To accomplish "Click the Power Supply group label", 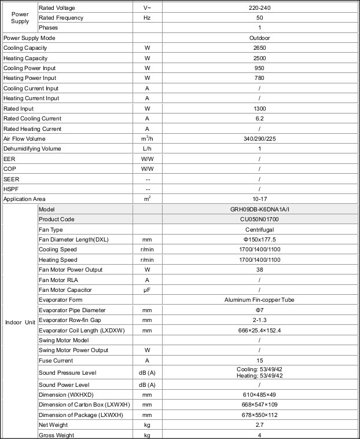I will coord(20,17).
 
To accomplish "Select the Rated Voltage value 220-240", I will coord(259,8).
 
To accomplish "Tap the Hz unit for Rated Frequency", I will coord(148,18).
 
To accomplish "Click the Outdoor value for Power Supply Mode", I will coord(259,38).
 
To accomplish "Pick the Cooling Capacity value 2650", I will coord(259,48).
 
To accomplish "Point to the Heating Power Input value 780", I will coord(259,78).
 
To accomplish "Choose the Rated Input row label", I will coord(19,108).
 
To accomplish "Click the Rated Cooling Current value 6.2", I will coord(259,119).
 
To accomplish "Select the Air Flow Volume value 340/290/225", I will coord(259,139).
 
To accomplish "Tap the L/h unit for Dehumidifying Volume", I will coord(148,149).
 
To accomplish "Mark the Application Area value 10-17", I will coord(259,199).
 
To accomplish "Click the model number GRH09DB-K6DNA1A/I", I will coord(259,209).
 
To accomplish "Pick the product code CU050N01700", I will coord(259,219).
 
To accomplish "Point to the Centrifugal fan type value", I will coord(259,230).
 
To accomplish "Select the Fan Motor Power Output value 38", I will coord(259,270).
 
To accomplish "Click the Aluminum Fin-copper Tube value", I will coord(259,300).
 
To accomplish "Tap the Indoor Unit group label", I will coord(20,322).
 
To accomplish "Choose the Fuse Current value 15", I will coord(259,360).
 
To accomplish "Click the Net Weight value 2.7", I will coord(259,425).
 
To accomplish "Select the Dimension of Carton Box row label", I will coord(83,405).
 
